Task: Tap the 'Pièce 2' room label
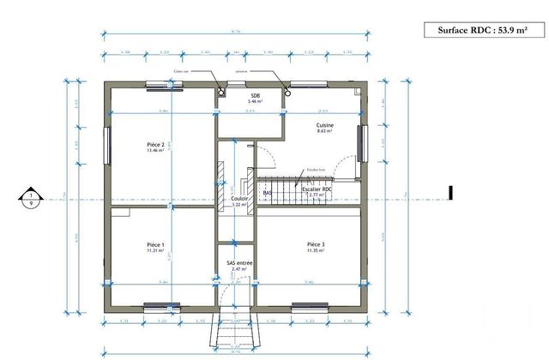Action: (x=156, y=145)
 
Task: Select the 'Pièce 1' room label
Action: (x=155, y=244)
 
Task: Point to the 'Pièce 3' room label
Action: (x=316, y=244)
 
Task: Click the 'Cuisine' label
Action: (x=324, y=125)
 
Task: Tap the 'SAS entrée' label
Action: (x=238, y=262)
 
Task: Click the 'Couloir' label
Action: (x=239, y=198)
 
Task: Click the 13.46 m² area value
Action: (x=155, y=152)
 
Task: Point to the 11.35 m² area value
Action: (x=316, y=252)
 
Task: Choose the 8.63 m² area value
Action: (x=324, y=132)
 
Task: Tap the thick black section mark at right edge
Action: (x=450, y=193)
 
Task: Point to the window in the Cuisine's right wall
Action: (x=364, y=142)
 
